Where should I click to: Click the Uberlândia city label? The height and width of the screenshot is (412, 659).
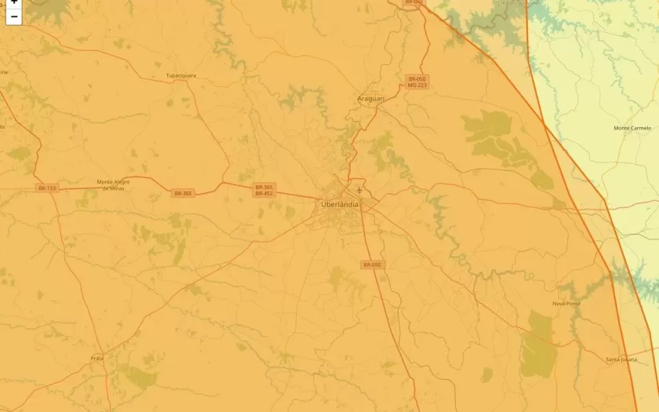340,204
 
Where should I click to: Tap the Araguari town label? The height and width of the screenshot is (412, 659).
371,98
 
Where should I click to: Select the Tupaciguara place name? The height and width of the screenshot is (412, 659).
180,75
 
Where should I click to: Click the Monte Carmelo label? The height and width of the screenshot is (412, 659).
632,128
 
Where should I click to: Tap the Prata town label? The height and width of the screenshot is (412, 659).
96,358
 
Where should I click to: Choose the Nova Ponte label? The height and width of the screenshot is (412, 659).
566,303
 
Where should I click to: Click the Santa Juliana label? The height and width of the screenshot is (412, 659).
621,359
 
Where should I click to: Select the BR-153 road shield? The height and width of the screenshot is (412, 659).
47,188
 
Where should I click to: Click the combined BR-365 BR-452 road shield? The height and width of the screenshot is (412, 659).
264,190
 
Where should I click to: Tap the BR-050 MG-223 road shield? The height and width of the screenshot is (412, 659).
417,82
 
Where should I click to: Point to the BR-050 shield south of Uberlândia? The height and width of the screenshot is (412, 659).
372,265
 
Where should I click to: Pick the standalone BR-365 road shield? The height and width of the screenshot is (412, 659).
183,193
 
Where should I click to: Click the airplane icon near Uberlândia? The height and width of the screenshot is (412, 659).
359,189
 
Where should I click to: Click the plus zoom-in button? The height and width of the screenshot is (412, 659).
14,2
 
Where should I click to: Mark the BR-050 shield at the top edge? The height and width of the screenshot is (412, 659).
413,2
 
